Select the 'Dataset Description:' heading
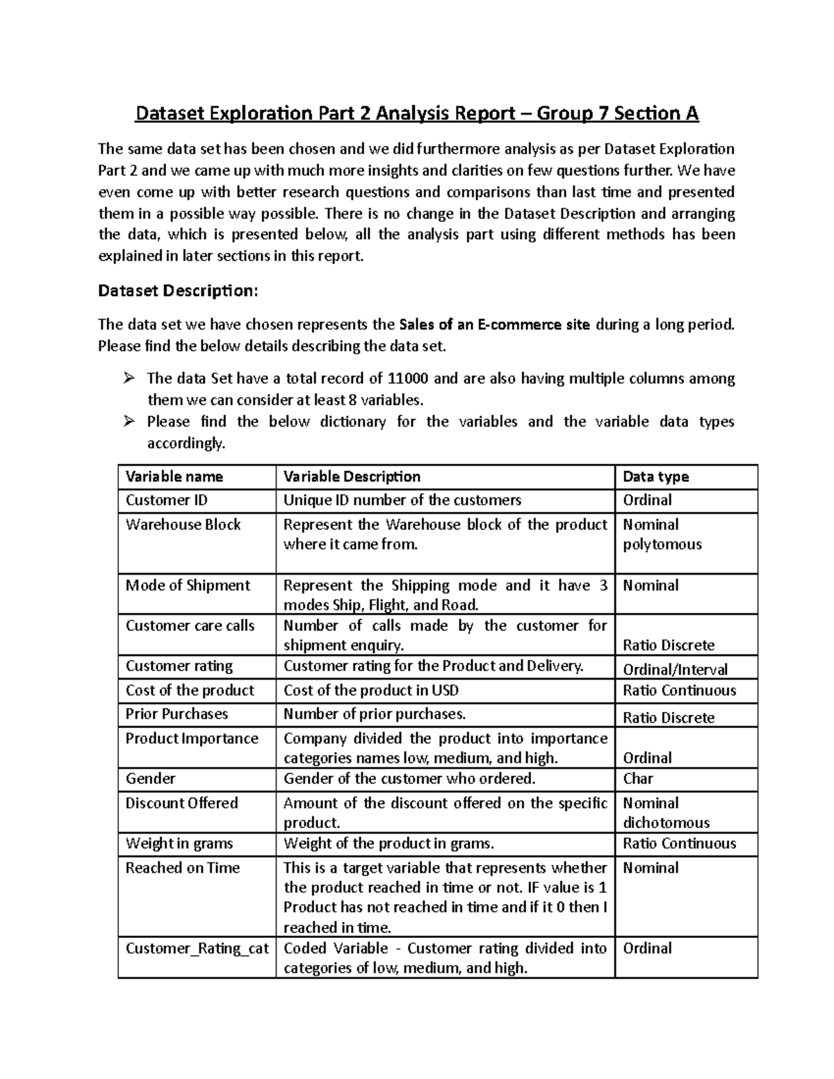tap(178, 290)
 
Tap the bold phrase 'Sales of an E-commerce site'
tap(496, 324)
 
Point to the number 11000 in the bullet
tap(408, 378)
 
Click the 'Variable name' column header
tap(174, 477)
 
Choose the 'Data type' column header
tap(655, 477)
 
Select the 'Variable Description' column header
tap(352, 477)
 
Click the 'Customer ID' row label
tap(166, 500)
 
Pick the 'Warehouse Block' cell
tap(183, 525)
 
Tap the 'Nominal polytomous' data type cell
tap(662, 534)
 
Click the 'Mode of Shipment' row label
tap(188, 585)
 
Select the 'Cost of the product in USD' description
tap(371, 690)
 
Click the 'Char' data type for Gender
tap(637, 778)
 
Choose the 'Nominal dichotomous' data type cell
tap(665, 813)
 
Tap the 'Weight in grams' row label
tap(179, 843)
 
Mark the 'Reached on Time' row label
tap(182, 868)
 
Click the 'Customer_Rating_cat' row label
tap(197, 948)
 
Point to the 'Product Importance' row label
tap(192, 739)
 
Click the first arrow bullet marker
tap(128, 379)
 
